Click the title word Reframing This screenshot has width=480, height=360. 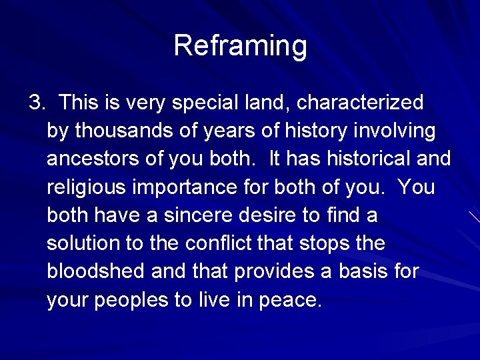(240, 46)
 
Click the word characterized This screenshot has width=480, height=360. (360, 103)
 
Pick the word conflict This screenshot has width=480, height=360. (218, 244)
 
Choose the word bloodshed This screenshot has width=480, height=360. (96, 272)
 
